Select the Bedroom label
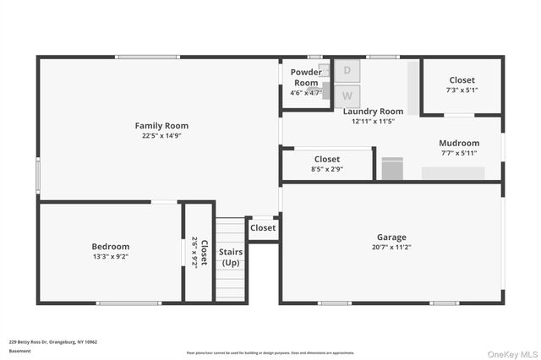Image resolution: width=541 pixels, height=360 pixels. tap(111, 246)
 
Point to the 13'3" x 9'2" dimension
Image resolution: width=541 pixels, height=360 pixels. tap(111, 256)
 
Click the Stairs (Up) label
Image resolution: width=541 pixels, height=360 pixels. tap(231, 258)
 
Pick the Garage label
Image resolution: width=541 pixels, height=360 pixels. tap(391, 237)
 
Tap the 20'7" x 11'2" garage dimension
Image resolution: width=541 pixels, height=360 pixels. tap(391, 248)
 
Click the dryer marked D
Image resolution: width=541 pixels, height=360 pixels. tap(347, 70)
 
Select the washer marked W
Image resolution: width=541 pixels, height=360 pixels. tap(347, 95)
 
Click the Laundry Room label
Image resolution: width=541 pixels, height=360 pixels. tap(373, 111)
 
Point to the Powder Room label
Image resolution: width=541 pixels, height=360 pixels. tap(306, 77)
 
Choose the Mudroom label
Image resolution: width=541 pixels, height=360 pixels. tap(460, 143)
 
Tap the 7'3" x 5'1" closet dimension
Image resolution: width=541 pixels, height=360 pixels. tap(462, 90)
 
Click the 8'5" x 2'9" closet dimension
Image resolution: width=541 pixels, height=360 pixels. tap(327, 169)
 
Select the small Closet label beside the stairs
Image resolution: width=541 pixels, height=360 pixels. tap(263, 227)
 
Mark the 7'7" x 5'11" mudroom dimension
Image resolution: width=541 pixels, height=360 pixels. tap(460, 153)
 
